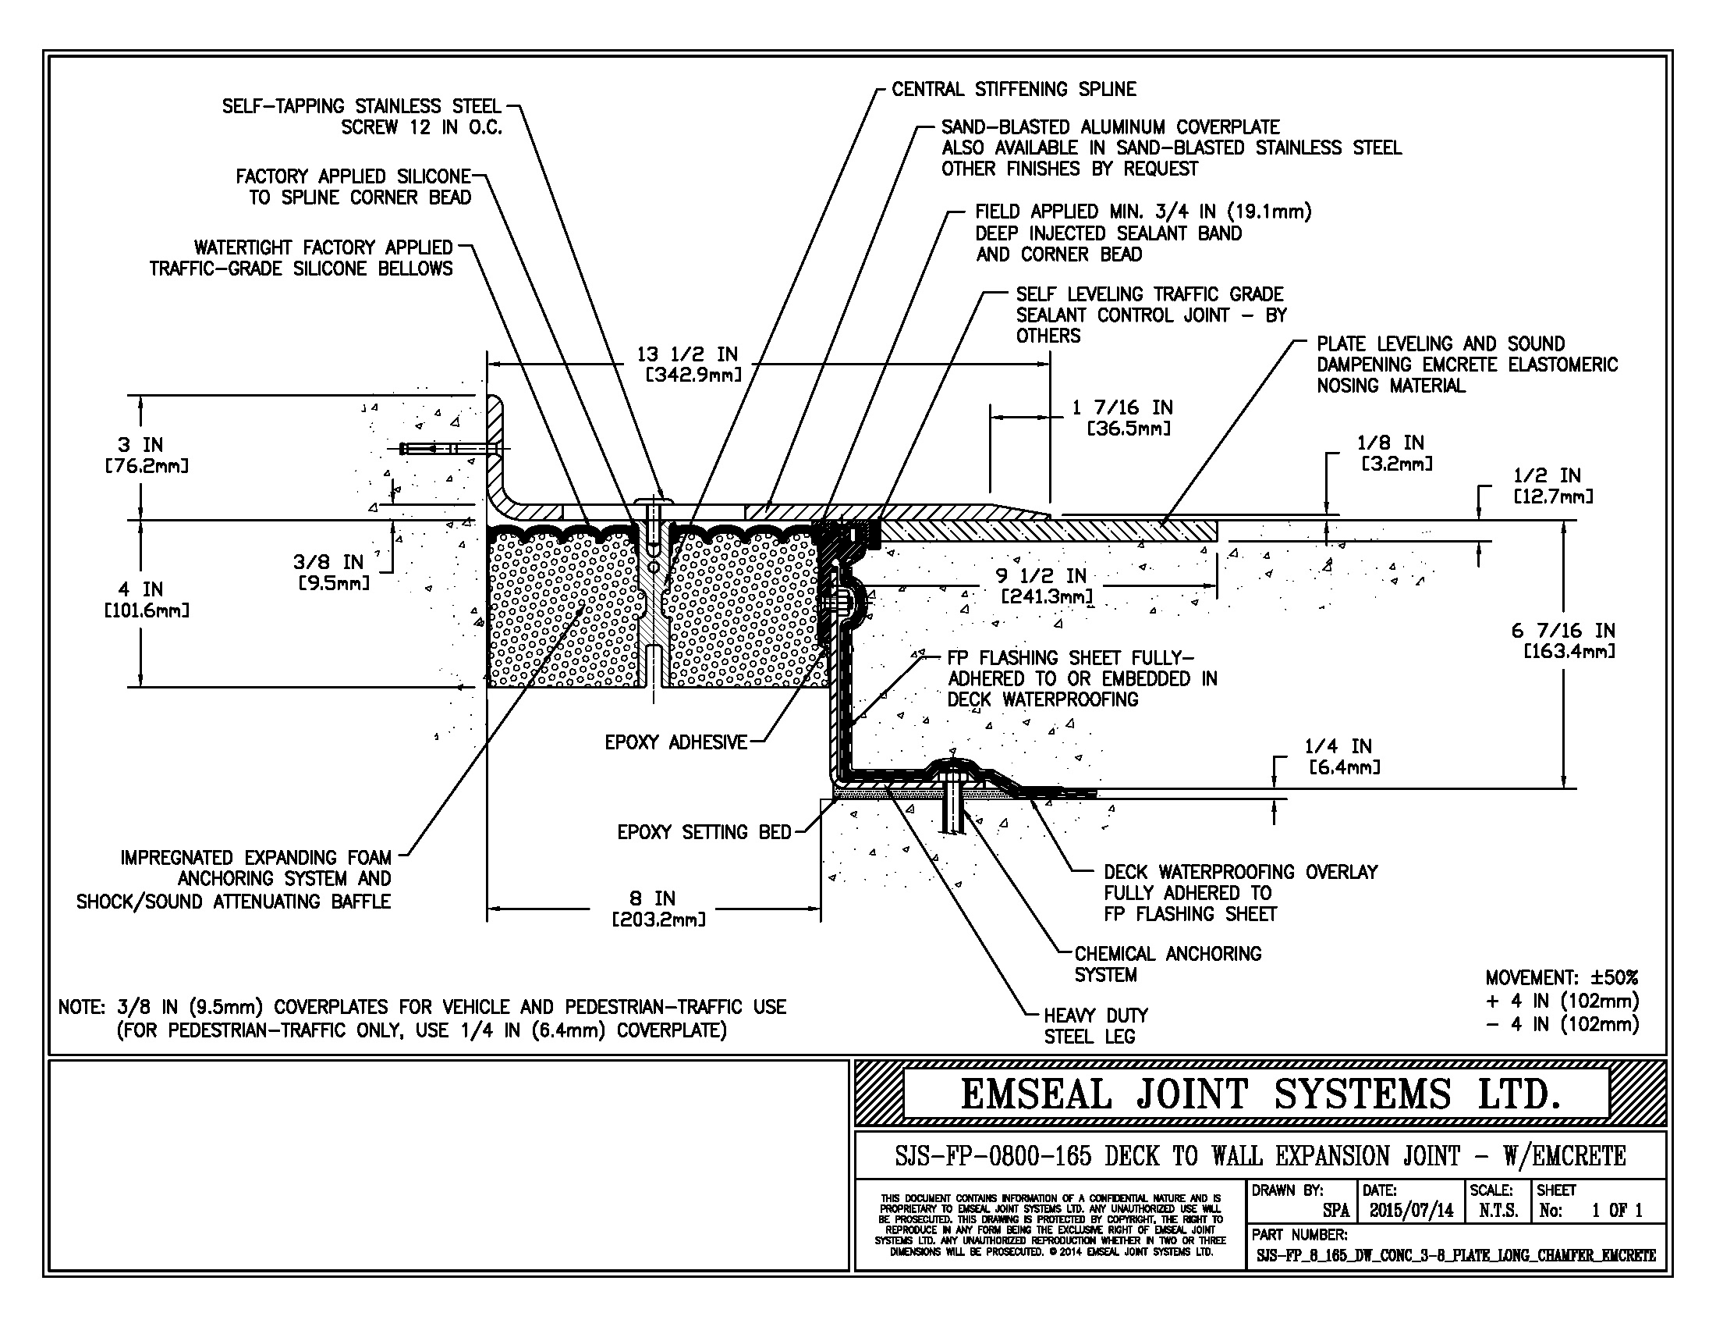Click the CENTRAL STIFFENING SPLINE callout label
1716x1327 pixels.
(x=1013, y=90)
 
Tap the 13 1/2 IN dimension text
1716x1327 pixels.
(x=686, y=355)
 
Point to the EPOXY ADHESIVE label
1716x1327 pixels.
(x=675, y=742)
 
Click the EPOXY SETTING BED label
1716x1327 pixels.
(x=704, y=833)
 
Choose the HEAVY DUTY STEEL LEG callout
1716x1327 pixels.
(x=1094, y=1026)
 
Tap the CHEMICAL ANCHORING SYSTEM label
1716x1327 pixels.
(x=1167, y=964)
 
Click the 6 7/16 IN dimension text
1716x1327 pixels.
(x=1563, y=631)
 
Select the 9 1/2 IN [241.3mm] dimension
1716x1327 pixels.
(x=1045, y=585)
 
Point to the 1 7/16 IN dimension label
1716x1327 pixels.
(x=1122, y=408)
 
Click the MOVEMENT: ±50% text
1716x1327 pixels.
(x=1562, y=978)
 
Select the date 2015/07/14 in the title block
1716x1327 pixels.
(x=1411, y=1211)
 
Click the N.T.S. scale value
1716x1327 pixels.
(x=1498, y=1211)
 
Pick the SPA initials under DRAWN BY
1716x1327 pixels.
(x=1335, y=1211)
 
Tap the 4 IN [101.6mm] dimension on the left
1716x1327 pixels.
(x=145, y=598)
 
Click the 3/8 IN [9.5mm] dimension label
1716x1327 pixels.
(x=330, y=571)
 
